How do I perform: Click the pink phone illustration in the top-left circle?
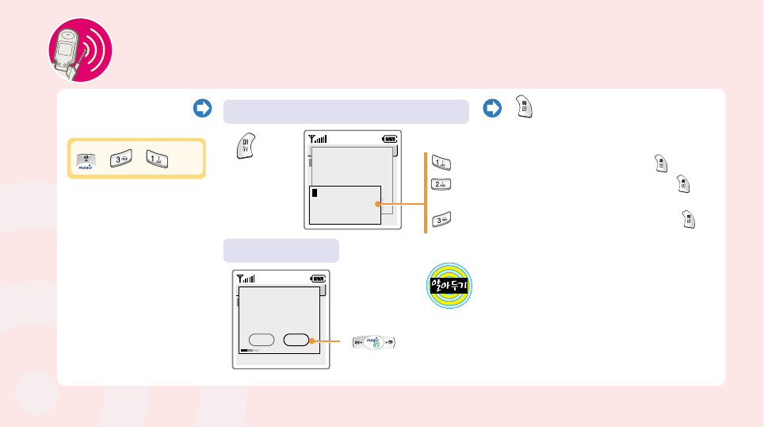pyautogui.click(x=78, y=52)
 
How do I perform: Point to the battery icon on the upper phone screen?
pyautogui.click(x=388, y=138)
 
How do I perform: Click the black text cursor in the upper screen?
pyautogui.click(x=314, y=193)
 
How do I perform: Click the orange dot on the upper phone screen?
pyautogui.click(x=377, y=204)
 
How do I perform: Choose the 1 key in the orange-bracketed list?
pyautogui.click(x=440, y=163)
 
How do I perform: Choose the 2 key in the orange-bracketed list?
pyautogui.click(x=441, y=186)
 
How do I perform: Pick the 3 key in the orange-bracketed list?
pyautogui.click(x=441, y=221)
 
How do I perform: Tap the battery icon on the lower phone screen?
pyautogui.click(x=317, y=279)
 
